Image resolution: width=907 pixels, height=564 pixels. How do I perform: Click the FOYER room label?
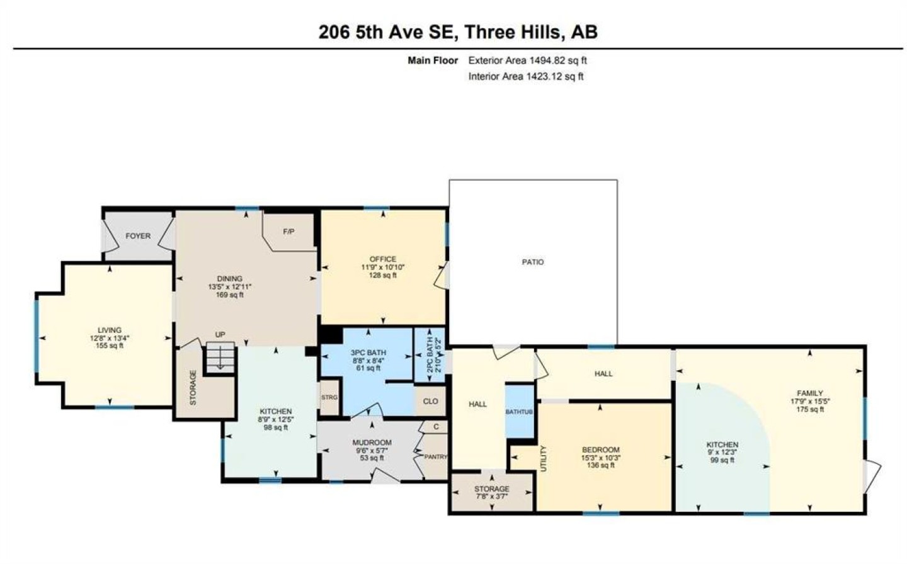(x=138, y=236)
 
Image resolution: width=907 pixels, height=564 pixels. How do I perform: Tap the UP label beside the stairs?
(x=220, y=335)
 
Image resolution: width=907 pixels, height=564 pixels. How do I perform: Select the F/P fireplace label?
(x=288, y=232)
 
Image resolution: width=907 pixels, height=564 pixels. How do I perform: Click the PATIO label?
(x=532, y=262)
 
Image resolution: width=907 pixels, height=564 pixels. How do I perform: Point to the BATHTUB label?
(x=519, y=412)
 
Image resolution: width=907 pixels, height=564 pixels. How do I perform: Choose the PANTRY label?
(x=436, y=457)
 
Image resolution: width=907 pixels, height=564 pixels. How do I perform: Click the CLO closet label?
(x=430, y=401)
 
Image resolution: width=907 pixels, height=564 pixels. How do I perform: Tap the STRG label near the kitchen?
(x=329, y=398)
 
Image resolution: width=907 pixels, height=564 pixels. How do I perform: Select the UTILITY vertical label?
(x=544, y=458)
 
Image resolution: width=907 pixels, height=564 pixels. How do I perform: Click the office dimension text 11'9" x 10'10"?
(x=383, y=267)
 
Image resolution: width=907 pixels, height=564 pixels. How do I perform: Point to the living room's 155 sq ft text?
(x=110, y=346)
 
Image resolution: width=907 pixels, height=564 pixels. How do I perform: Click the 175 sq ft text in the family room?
(x=810, y=409)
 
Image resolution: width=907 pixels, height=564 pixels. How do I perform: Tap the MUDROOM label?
(x=372, y=443)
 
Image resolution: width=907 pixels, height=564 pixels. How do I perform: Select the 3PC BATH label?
(x=368, y=352)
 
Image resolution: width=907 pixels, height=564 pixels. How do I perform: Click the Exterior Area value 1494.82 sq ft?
(x=557, y=60)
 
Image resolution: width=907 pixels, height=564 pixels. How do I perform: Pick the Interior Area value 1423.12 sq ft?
(x=554, y=76)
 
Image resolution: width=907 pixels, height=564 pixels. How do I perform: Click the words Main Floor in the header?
(x=433, y=60)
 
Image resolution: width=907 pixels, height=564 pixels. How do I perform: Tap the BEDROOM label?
(x=601, y=450)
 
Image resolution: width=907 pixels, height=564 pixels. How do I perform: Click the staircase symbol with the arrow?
(x=220, y=358)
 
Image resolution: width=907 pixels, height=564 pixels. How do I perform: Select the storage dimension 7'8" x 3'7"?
(x=491, y=497)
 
